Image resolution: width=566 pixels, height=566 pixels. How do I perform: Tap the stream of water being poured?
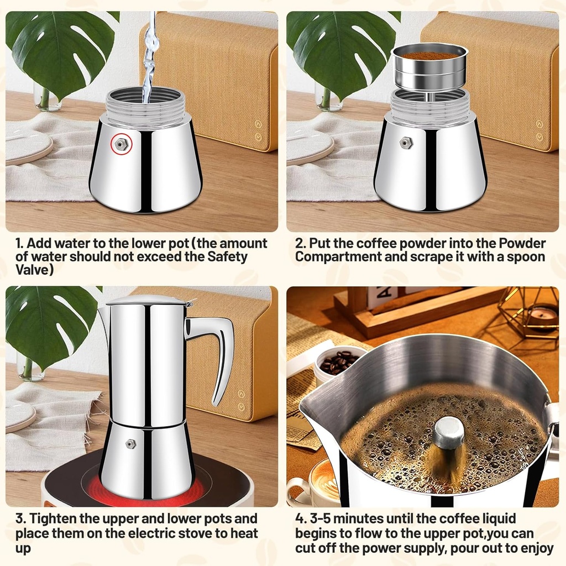pos(149,61)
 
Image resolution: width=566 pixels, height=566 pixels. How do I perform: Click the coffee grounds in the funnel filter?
pos(429,56)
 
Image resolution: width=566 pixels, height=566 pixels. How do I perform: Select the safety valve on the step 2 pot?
pos(407,143)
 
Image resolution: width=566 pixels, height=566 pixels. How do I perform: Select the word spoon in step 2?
pos(526,256)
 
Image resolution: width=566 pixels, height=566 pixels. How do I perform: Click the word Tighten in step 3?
pos(57,519)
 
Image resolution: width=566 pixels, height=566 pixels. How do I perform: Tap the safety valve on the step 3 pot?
pos(131,443)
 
